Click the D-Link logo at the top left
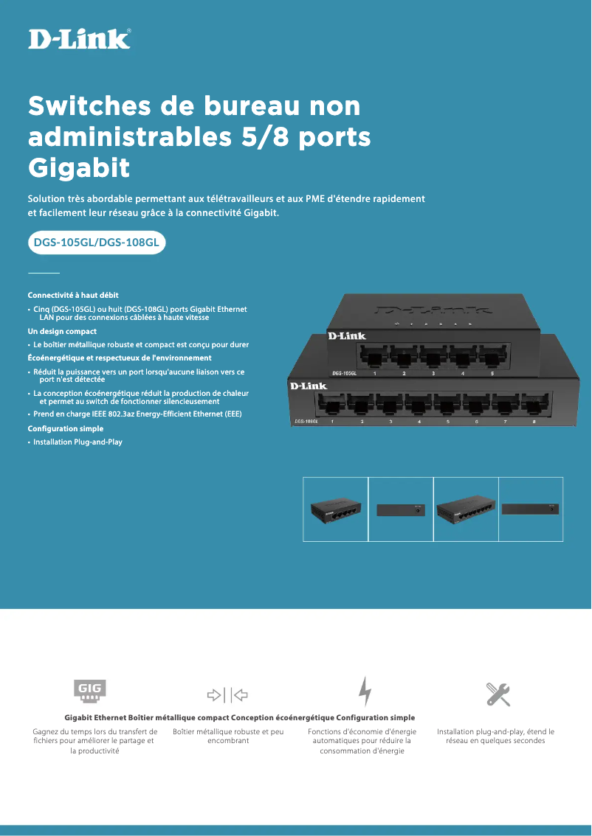click(80, 38)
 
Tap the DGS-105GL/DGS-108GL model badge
click(96, 241)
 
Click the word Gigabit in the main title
click(79, 167)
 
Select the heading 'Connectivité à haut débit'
click(73, 295)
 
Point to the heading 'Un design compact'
click(62, 332)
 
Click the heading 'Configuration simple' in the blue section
click(65, 428)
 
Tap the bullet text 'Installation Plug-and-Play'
click(78, 442)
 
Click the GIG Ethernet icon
click(91, 691)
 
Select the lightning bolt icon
click(365, 692)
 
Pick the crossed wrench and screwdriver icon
click(498, 694)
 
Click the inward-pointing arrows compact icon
click(227, 694)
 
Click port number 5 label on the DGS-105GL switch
click(492, 374)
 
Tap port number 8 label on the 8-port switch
click(534, 421)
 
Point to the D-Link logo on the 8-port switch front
click(309, 386)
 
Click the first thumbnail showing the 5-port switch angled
click(336, 509)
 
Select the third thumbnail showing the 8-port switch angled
click(466, 509)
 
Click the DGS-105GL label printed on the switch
click(345, 374)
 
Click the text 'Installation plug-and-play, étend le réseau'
click(495, 732)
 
